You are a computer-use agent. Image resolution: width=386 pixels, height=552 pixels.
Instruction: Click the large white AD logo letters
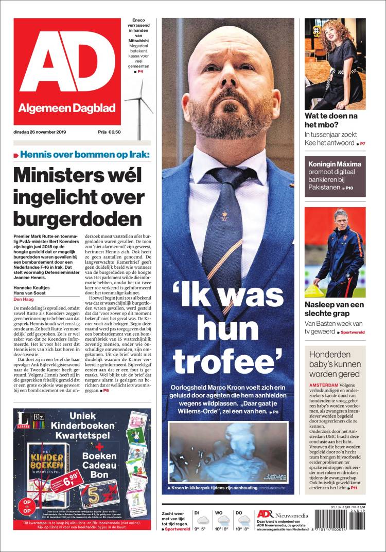(x=67, y=63)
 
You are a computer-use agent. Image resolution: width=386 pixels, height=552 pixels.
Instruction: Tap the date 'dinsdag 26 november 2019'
(x=43, y=132)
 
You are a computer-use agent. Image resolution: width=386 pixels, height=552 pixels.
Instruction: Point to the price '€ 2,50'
(x=114, y=132)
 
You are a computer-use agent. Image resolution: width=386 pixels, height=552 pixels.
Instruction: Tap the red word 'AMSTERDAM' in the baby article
(x=323, y=384)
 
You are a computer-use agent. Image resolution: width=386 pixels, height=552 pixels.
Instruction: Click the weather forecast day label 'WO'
(x=219, y=512)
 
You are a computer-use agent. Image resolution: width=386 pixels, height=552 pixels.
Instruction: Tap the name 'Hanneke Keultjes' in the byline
(x=31, y=287)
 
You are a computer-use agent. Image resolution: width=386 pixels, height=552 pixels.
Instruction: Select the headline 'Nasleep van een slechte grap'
(x=334, y=309)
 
